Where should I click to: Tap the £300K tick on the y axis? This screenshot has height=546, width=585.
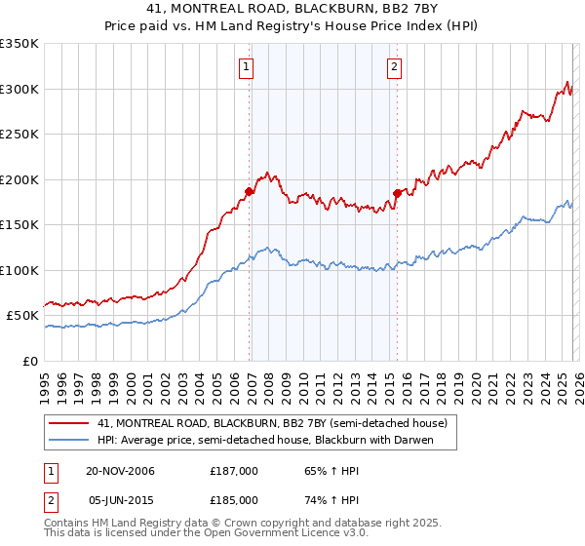[x=19, y=89]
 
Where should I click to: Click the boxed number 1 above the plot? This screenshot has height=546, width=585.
[x=245, y=67]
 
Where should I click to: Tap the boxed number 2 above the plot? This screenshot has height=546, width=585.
[x=394, y=67]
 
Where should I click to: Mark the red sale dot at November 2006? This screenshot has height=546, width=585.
[x=249, y=192]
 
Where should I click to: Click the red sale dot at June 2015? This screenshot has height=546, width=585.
[x=397, y=193]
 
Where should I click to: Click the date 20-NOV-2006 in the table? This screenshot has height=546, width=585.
[x=121, y=471]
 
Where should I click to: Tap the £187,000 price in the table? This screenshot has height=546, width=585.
[x=235, y=471]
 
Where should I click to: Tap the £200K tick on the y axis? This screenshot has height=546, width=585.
[x=19, y=179]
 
